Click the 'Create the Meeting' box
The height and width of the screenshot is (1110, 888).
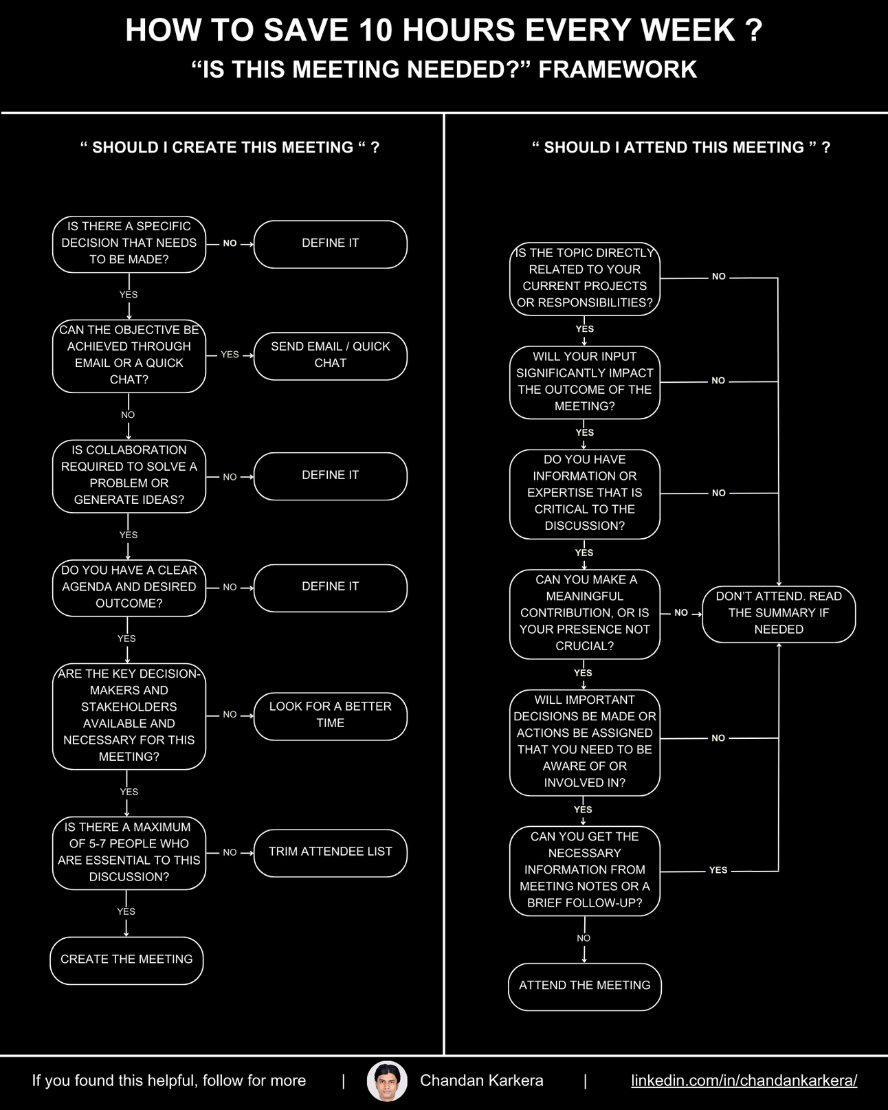click(126, 959)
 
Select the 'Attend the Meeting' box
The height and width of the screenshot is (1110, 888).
click(584, 986)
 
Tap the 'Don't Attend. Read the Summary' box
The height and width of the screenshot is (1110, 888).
click(778, 613)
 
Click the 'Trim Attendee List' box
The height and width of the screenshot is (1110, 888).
click(330, 852)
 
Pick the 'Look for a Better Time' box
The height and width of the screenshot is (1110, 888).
click(330, 715)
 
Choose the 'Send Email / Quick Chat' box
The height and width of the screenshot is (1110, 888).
click(330, 355)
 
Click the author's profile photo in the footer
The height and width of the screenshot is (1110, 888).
click(387, 1081)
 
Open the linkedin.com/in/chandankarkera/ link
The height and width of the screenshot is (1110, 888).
click(744, 1080)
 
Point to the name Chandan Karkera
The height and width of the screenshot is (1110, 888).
click(481, 1080)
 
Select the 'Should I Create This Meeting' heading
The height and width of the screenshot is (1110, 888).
click(230, 147)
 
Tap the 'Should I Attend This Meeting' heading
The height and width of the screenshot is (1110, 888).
click(680, 147)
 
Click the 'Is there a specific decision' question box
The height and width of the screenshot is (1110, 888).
click(129, 243)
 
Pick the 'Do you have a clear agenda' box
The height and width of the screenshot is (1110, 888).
click(129, 587)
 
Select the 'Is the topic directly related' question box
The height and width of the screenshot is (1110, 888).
click(584, 278)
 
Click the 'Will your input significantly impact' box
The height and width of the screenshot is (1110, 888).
click(584, 381)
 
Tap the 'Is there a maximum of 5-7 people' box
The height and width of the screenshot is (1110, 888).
click(129, 852)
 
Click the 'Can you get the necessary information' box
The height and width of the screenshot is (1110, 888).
click(584, 870)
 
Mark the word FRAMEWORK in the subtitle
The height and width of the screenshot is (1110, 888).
click(617, 69)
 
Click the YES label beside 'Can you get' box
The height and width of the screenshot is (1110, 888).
click(718, 870)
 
